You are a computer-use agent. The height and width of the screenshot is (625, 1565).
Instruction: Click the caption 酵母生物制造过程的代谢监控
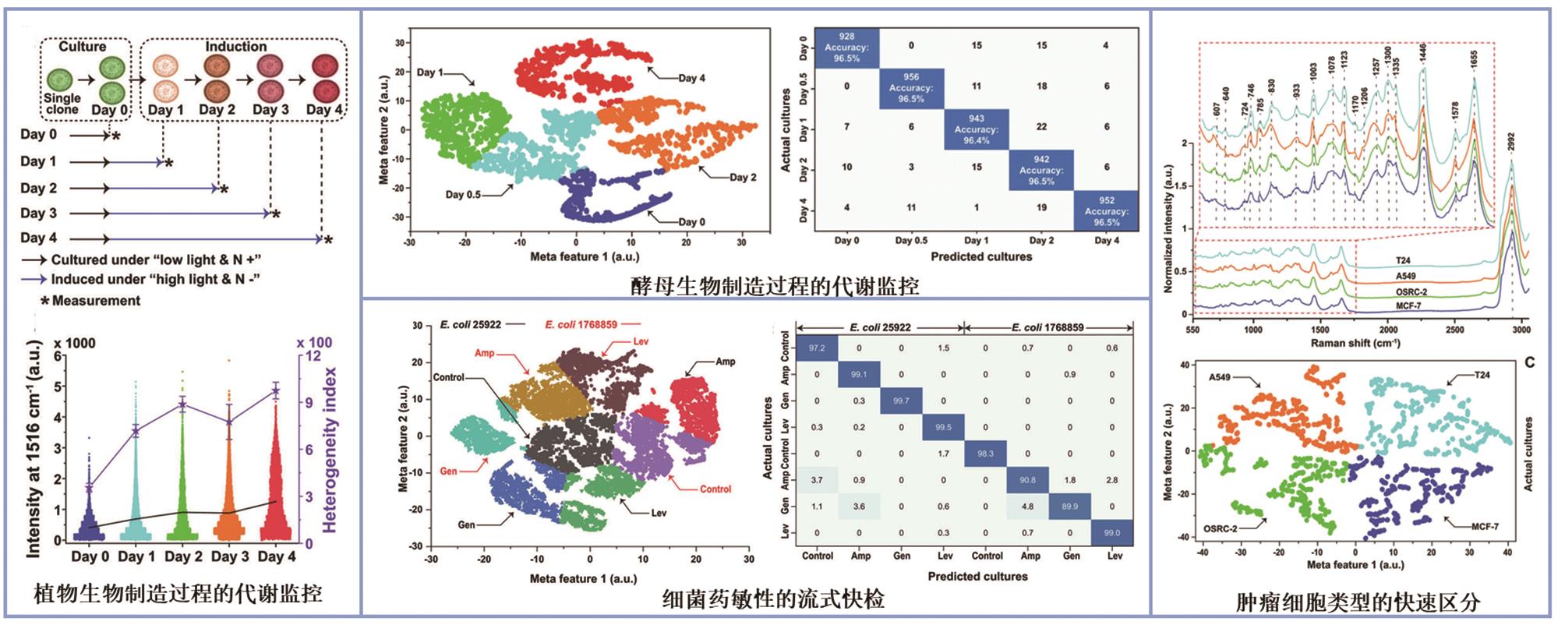click(x=775, y=286)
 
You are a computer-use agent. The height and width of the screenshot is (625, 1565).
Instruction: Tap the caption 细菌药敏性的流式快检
click(x=773, y=599)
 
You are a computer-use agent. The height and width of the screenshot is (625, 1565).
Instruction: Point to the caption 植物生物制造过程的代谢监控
click(x=178, y=594)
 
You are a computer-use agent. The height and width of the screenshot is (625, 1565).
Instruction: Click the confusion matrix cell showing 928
click(x=846, y=48)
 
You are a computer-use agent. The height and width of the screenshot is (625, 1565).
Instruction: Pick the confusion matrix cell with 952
click(x=1106, y=211)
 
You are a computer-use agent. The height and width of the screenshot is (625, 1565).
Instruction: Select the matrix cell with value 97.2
click(x=817, y=348)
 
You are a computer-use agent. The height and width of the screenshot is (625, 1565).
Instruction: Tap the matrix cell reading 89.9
click(x=1069, y=507)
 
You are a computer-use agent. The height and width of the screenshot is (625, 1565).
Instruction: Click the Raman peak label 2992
click(x=1511, y=142)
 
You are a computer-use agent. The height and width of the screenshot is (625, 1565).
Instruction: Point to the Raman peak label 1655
click(x=1474, y=62)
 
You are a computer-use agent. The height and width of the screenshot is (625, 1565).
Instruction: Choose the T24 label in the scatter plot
click(x=1482, y=375)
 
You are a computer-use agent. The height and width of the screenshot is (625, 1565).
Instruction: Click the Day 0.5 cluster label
click(x=463, y=194)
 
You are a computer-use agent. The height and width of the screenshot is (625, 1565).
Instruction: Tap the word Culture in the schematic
click(x=82, y=47)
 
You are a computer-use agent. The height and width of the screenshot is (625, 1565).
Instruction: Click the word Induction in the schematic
click(x=235, y=47)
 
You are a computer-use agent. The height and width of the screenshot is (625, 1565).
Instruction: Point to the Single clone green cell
click(x=61, y=79)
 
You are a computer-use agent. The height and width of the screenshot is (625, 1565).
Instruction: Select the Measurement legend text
click(x=96, y=301)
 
